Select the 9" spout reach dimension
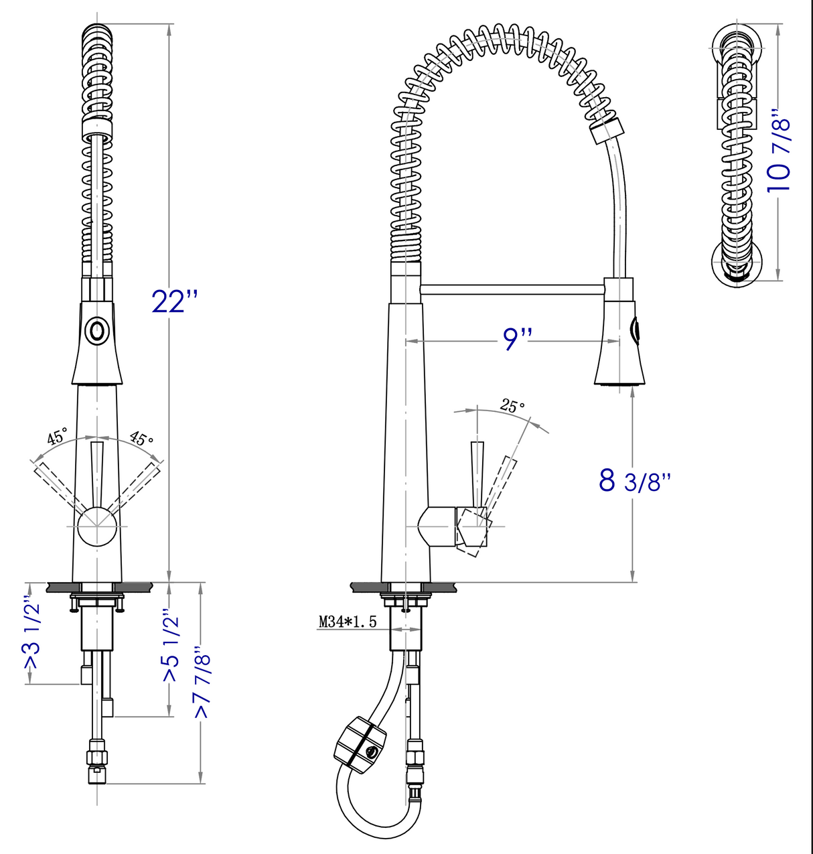(x=516, y=340)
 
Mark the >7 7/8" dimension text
(x=202, y=683)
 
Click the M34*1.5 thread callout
(x=347, y=622)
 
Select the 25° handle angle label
(x=512, y=406)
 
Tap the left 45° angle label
(x=57, y=437)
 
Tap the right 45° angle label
(x=141, y=439)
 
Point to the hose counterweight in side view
(x=360, y=742)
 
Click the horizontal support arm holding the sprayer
(x=512, y=289)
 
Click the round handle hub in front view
(x=96, y=526)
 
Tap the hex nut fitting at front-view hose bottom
(x=97, y=757)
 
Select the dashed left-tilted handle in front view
(x=57, y=486)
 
